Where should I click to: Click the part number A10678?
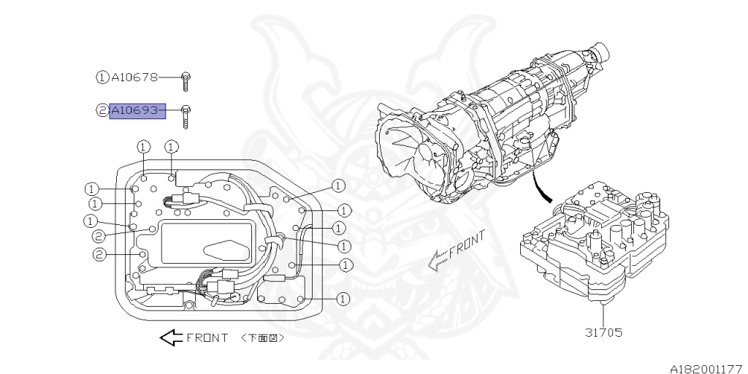pyautogui.click(x=134, y=76)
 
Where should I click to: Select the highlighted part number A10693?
pyautogui.click(x=137, y=111)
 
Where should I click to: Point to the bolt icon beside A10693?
pyautogui.click(x=186, y=115)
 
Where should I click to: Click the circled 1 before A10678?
pyautogui.click(x=102, y=76)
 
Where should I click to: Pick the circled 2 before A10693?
pyautogui.click(x=102, y=111)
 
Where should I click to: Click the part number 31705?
pyautogui.click(x=603, y=332)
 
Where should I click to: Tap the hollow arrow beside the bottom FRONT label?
pyautogui.click(x=170, y=337)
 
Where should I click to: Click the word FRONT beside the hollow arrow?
pyautogui.click(x=207, y=338)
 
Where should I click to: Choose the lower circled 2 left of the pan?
pyautogui.click(x=99, y=254)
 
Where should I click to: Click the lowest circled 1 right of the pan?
pyautogui.click(x=343, y=298)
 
